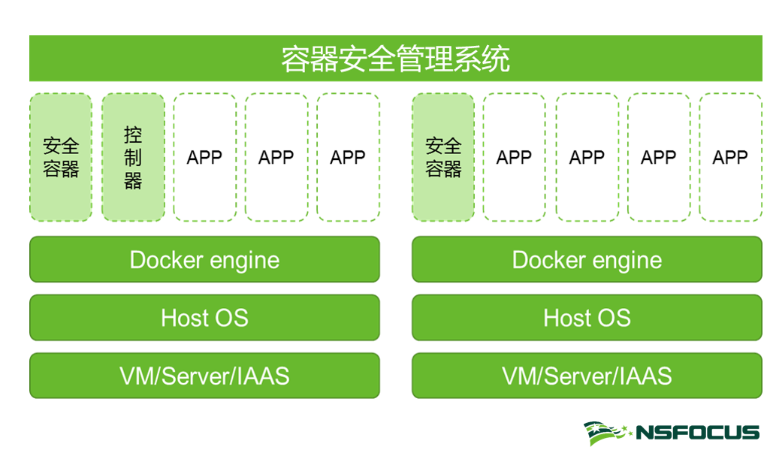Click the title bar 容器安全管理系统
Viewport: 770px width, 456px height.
pyautogui.click(x=395, y=59)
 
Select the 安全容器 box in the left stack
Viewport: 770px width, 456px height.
pyautogui.click(x=61, y=158)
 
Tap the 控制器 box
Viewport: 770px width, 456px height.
pyautogui.click(x=133, y=158)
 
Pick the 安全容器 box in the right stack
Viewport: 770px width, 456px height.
pyautogui.click(x=443, y=158)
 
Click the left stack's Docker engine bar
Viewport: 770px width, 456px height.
pyautogui.click(x=204, y=260)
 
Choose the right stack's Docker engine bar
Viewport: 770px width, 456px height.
pyautogui.click(x=587, y=260)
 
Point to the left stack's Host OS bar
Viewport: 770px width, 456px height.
pyautogui.click(x=204, y=318)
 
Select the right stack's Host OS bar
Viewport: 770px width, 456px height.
pyautogui.click(x=587, y=318)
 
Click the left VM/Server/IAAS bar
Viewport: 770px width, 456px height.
pyautogui.click(x=204, y=376)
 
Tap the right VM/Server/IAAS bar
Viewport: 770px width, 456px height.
pyautogui.click(x=587, y=376)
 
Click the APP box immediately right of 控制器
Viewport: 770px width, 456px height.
pyautogui.click(x=204, y=158)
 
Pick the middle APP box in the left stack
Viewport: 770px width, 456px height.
pyautogui.click(x=276, y=158)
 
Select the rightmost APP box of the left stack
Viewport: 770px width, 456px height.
pyautogui.click(x=348, y=158)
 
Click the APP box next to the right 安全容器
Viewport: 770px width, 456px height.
pyautogui.click(x=514, y=158)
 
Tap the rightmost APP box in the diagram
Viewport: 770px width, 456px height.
pyautogui.click(x=730, y=158)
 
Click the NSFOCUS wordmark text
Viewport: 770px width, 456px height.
pyautogui.click(x=697, y=433)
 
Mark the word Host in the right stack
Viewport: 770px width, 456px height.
pyautogui.click(x=564, y=318)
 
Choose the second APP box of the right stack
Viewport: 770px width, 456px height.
pyautogui.click(x=587, y=158)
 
